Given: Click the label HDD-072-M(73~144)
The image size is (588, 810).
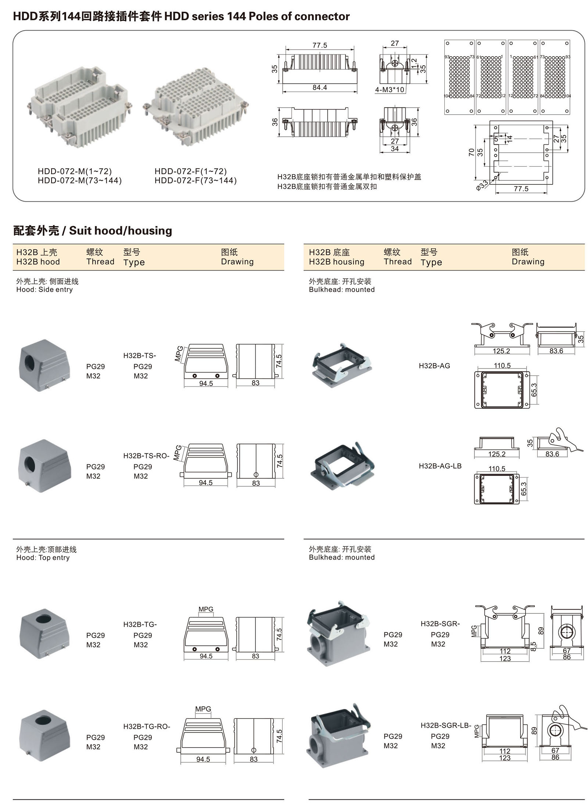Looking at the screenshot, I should (x=79, y=180).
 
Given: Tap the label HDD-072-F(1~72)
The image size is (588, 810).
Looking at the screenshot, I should (x=190, y=171).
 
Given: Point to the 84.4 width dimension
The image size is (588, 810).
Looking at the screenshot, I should (x=319, y=87).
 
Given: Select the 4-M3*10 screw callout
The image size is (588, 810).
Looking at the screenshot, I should (x=389, y=90).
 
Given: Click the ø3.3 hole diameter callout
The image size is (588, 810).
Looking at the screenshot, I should (x=482, y=184).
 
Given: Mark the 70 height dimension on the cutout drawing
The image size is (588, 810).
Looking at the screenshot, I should (x=471, y=152).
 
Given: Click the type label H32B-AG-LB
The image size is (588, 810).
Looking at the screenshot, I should (x=440, y=466).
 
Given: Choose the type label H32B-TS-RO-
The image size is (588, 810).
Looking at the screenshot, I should (x=146, y=456).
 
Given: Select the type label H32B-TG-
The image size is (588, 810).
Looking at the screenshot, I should (x=140, y=624).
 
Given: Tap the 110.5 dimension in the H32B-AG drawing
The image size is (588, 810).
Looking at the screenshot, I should (x=502, y=366).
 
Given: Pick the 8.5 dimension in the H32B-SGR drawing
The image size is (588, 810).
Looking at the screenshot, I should (x=534, y=645).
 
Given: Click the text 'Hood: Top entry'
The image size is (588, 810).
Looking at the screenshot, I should (x=43, y=558).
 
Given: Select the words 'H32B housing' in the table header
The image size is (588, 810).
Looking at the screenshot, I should (x=336, y=262).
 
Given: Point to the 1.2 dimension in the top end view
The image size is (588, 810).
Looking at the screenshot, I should (x=414, y=63).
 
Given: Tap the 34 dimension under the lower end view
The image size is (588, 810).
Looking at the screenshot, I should (x=394, y=148).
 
